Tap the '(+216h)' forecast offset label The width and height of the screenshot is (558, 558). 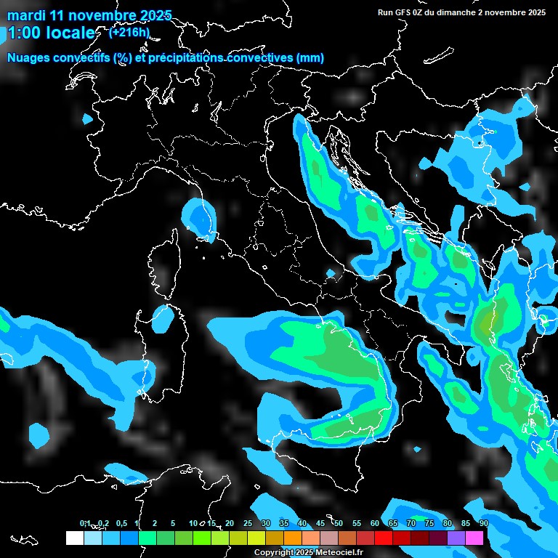pyautogui.click(x=129, y=32)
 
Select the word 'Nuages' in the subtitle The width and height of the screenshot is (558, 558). pyautogui.click(x=30, y=57)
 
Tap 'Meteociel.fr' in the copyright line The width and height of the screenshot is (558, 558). pyautogui.click(x=339, y=553)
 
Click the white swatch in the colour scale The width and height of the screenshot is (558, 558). pyautogui.click(x=74, y=538)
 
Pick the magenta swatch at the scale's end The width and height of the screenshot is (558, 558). pyautogui.click(x=474, y=538)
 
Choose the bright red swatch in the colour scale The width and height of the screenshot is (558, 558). pyautogui.click(x=384, y=538)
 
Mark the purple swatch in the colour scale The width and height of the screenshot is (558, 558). pyautogui.click(x=456, y=538)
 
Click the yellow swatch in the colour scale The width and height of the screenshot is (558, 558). pyautogui.click(x=256, y=538)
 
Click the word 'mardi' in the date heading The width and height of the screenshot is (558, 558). pyautogui.click(x=26, y=15)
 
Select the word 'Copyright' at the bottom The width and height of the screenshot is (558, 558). pyautogui.click(x=272, y=553)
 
